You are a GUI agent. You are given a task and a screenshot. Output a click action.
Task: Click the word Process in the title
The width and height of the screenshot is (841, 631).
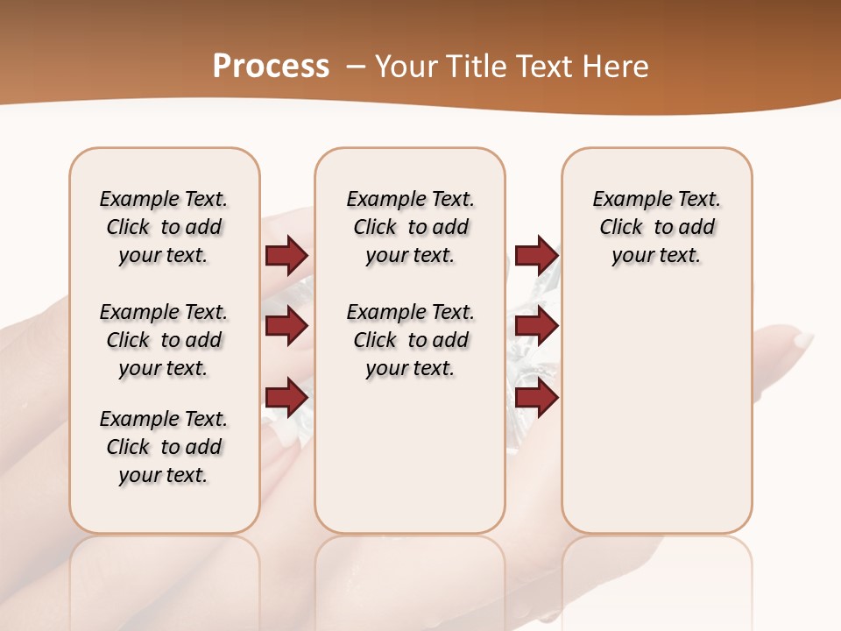(x=271, y=67)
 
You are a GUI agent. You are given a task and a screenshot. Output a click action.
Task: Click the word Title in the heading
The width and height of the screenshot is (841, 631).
(x=474, y=67)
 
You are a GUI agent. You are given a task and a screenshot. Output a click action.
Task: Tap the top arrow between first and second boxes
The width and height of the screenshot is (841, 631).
(x=286, y=256)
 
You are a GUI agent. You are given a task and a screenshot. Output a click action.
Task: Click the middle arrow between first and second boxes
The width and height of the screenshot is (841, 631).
(x=286, y=326)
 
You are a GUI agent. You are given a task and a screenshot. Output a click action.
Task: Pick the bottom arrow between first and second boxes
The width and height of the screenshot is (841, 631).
(x=286, y=397)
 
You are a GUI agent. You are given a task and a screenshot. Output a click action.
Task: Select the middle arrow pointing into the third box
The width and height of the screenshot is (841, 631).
(x=536, y=326)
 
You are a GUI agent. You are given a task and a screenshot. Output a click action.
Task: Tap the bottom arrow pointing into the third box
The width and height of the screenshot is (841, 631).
(x=536, y=397)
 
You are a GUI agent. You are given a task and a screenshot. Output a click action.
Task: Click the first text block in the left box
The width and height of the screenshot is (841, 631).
(x=164, y=227)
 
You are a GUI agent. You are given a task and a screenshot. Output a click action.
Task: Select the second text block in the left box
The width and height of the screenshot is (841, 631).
(x=164, y=340)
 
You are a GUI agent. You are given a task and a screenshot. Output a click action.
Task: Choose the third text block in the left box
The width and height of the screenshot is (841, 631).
(x=164, y=447)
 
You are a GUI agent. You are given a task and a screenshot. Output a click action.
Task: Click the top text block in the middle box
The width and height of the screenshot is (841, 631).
(x=410, y=227)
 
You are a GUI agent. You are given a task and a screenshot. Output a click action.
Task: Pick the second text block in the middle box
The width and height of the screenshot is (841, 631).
(x=410, y=340)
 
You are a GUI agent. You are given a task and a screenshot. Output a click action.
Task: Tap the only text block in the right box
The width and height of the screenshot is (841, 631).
(x=656, y=227)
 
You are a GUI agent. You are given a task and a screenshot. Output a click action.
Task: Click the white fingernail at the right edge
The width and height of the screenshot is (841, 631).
(x=802, y=340)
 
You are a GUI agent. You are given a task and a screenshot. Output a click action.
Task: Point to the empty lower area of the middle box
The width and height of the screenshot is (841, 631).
(x=410, y=456)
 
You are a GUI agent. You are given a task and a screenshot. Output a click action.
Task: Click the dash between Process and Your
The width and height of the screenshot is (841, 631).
(x=356, y=67)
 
